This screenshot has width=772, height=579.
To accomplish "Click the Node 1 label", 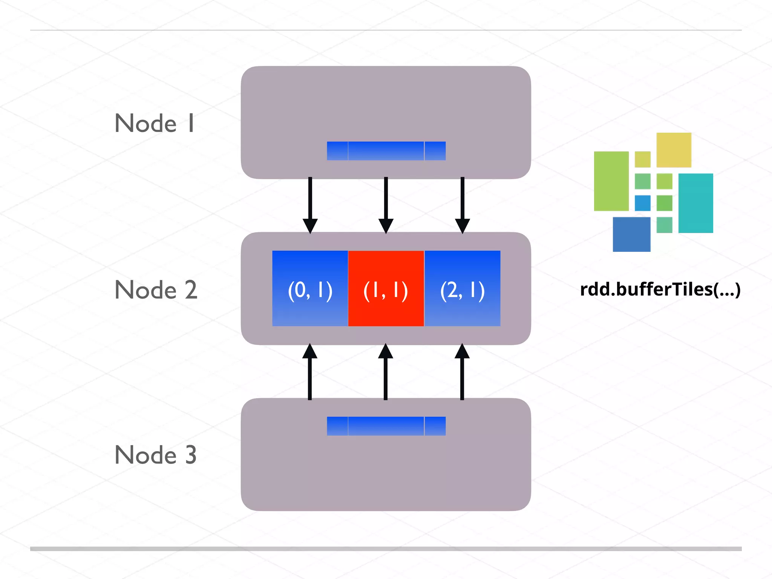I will pos(155,123).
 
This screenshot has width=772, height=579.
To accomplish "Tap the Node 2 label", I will pos(156,290).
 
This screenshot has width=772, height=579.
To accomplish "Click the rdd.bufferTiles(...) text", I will pos(660,289).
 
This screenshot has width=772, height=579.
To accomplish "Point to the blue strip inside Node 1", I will pos(386,151).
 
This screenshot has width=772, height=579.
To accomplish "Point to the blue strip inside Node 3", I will pos(386,426).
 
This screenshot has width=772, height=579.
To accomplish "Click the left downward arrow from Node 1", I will pos(310,205).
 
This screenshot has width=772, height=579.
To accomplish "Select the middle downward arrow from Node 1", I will pos(386,205).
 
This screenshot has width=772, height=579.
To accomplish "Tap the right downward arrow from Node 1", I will pos(463,205).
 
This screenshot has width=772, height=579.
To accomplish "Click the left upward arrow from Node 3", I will pos(310,371).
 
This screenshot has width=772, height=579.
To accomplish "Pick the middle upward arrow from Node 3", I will pos(386,371).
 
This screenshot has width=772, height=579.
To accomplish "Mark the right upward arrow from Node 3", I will pos(462,371).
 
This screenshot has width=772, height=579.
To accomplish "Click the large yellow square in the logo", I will pos(674,150).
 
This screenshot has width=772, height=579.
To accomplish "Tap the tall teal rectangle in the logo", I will pos(695,203).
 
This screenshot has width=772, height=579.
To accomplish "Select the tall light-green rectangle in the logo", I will pos(611,181).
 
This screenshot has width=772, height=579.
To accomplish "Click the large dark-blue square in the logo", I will pos(631,234).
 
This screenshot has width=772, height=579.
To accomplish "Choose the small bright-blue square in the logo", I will pos(642,203).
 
